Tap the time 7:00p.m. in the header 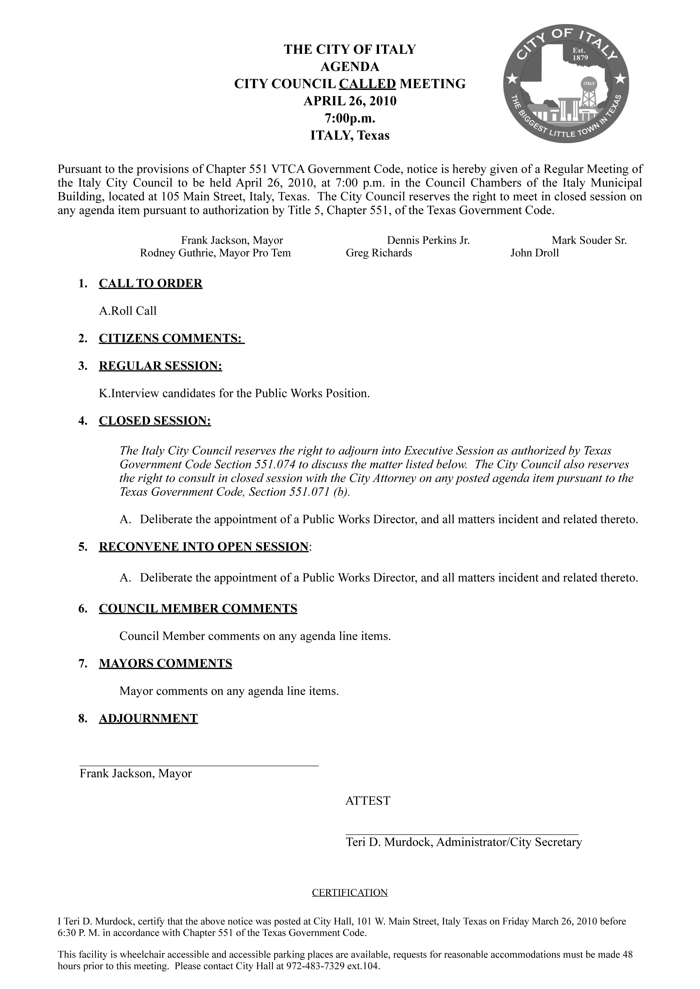350,118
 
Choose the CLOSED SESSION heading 155,421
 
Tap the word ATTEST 368,801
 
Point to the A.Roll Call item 128,311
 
